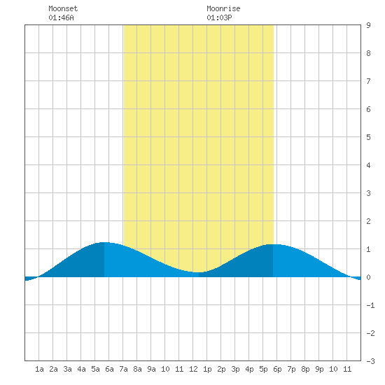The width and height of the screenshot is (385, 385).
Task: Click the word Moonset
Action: (63, 8)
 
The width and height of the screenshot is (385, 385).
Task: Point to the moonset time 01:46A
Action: (61, 17)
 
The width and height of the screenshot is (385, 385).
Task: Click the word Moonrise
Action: (223, 8)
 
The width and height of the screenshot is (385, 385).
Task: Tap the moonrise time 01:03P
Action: (219, 17)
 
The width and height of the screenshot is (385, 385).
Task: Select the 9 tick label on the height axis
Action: (368, 25)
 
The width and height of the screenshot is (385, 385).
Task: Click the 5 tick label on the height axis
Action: (368, 137)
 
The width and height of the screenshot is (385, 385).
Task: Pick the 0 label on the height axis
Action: (368, 277)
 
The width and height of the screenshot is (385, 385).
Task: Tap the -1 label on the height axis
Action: (370, 305)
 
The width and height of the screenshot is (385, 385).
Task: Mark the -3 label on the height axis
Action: (370, 361)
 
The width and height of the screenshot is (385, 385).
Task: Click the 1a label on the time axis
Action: (39, 369)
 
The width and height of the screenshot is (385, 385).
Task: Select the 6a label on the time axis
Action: (109, 369)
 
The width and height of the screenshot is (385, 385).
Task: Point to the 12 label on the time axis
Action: (193, 369)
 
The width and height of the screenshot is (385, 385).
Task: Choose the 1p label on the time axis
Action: (207, 369)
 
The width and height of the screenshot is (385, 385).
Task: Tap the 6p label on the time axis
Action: (277, 369)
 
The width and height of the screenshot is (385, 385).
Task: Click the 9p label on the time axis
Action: (319, 369)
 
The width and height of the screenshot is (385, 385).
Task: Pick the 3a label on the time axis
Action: (67, 369)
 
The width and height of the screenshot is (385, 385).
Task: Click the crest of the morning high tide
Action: (104, 243)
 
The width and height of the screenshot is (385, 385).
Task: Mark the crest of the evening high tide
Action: (273, 244)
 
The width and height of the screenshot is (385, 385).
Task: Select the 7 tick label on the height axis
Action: (368, 81)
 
